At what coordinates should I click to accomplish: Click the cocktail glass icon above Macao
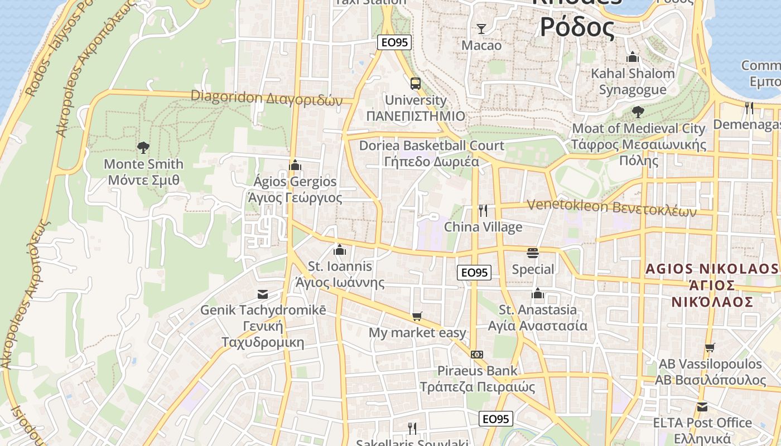(x=481, y=28)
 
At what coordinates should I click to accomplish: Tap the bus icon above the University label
(x=416, y=84)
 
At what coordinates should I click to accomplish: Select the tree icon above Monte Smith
(x=143, y=147)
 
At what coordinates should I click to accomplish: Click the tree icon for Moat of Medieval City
(x=638, y=112)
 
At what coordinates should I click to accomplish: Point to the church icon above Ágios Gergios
(x=295, y=165)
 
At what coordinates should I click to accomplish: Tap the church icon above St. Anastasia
(x=538, y=293)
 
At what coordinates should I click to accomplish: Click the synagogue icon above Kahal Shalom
(x=632, y=57)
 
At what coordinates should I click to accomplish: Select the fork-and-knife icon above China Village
(x=483, y=211)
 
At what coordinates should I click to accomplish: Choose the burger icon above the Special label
(x=533, y=253)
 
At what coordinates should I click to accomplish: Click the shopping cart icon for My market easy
(x=417, y=317)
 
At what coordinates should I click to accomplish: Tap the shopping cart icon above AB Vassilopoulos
(x=710, y=347)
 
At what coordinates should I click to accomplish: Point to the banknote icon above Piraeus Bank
(x=477, y=355)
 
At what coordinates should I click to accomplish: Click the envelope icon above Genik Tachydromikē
(x=262, y=294)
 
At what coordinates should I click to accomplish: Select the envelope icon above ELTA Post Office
(x=702, y=406)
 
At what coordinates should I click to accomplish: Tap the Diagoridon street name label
(x=266, y=98)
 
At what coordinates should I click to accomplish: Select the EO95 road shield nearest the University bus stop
(x=394, y=42)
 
